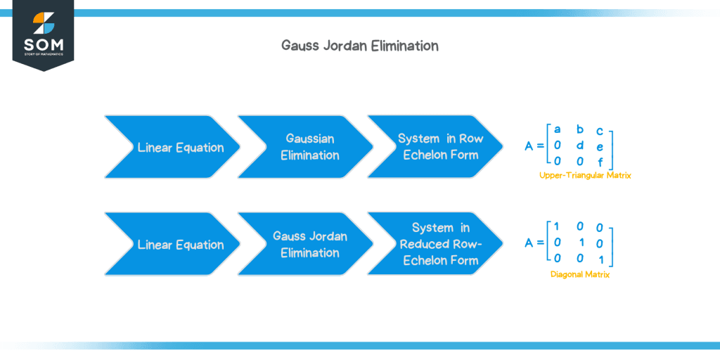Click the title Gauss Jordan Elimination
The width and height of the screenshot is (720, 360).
pyautogui.click(x=359, y=46)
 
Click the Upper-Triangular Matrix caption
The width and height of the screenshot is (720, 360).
pyautogui.click(x=585, y=175)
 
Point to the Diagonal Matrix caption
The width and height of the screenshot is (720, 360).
pyautogui.click(x=580, y=275)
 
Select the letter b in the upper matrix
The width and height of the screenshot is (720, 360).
pyautogui.click(x=579, y=129)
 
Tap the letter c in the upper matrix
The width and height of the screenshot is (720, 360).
pyautogui.click(x=599, y=131)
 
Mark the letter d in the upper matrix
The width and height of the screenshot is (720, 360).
pyautogui.click(x=579, y=145)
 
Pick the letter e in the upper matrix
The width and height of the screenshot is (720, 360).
pyautogui.click(x=599, y=146)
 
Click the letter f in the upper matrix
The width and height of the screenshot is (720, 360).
pyautogui.click(x=599, y=161)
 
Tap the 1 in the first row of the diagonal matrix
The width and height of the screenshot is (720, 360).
pyautogui.click(x=557, y=226)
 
